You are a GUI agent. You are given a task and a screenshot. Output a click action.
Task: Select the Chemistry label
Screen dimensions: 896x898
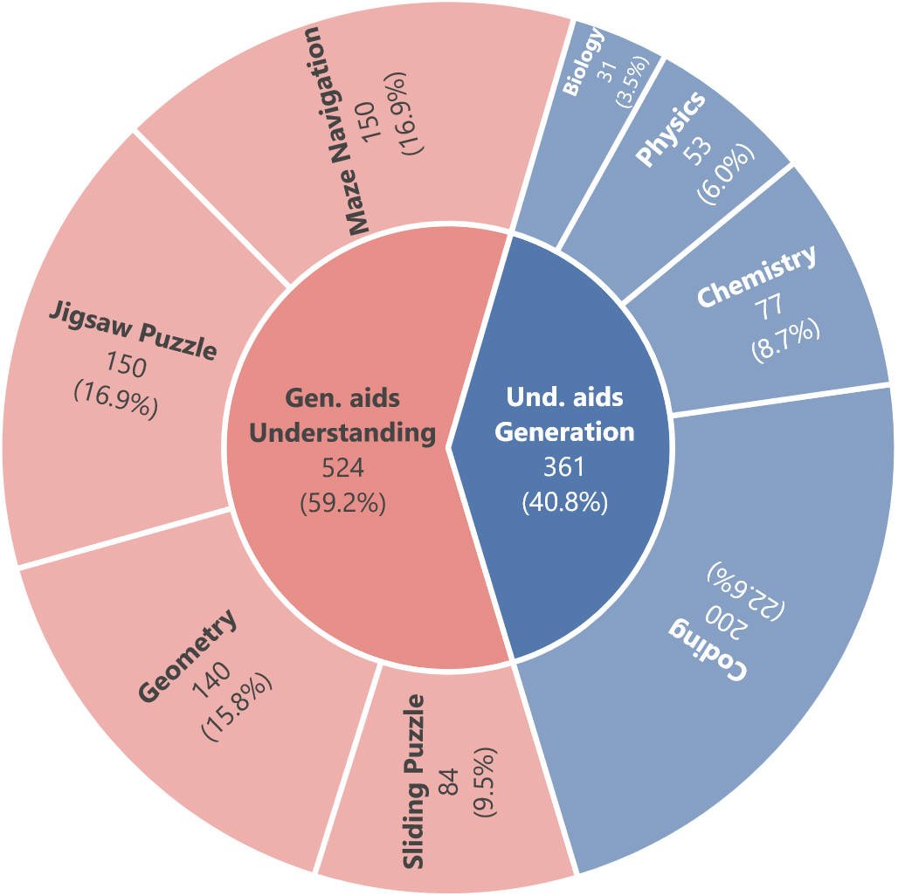756,277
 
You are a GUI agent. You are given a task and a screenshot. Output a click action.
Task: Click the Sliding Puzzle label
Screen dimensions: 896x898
417,782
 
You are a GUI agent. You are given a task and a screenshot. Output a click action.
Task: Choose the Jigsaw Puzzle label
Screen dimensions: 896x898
132,330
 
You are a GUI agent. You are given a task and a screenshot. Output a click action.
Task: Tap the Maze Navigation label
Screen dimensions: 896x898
336,131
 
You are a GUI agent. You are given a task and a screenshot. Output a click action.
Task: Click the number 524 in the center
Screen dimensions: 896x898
343,469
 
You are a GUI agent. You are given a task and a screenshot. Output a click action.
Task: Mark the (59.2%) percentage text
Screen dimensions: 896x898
343,504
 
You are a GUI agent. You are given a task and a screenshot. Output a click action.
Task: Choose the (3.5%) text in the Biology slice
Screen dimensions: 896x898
631,79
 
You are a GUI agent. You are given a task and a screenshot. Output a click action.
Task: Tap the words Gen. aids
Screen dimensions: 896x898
342,397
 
